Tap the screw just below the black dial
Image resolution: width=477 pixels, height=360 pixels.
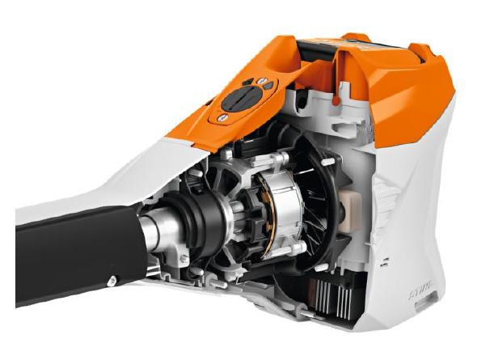click(220, 118)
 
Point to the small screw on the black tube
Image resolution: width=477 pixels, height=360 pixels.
click(110, 280)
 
